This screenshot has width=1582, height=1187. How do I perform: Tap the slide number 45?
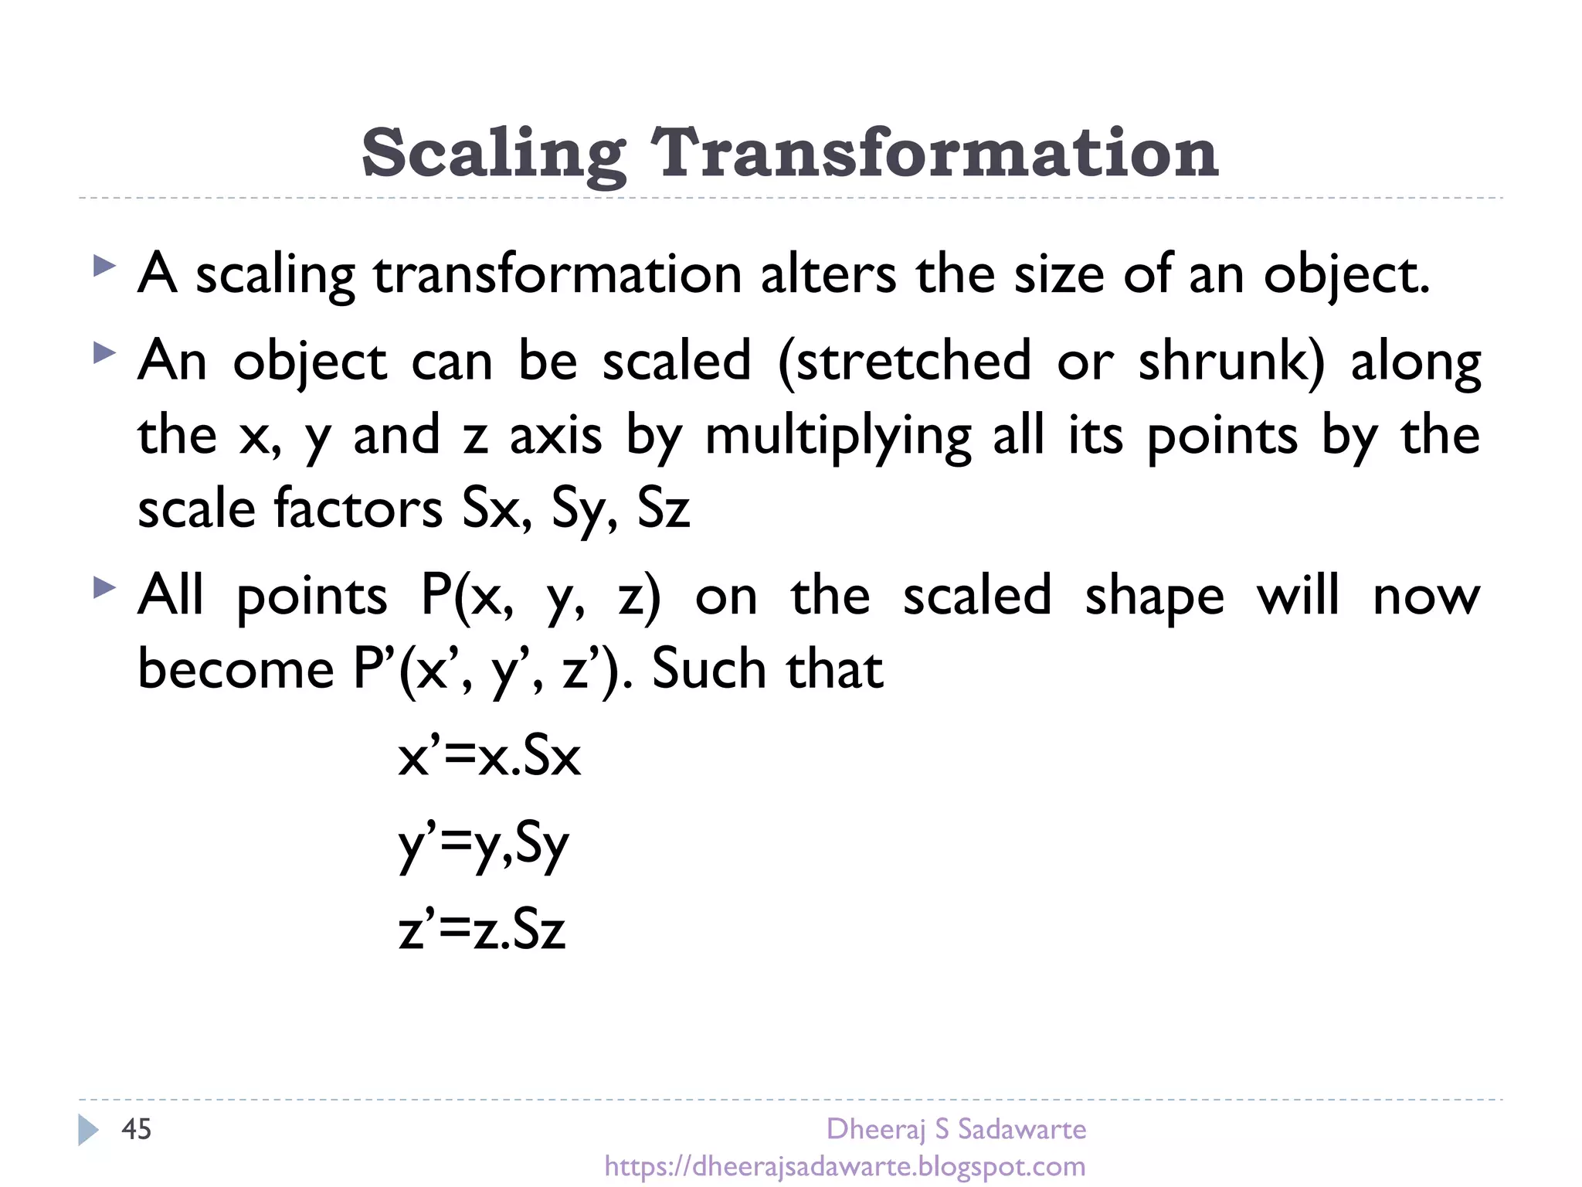pos(137,1129)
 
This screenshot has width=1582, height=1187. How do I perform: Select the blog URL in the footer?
pos(845,1166)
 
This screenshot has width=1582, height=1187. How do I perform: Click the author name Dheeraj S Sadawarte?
pos(956,1129)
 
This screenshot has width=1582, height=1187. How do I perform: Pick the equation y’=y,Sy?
pos(484,844)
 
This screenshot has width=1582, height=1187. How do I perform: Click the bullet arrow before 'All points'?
pos(104,588)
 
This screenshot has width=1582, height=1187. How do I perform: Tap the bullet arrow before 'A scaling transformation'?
pos(104,267)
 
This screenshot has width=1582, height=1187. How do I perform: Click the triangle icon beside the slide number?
pos(88,1130)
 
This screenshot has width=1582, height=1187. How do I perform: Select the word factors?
pos(358,509)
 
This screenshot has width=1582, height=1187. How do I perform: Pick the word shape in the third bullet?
pos(1155,597)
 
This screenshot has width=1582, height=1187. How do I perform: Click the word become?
pos(236,668)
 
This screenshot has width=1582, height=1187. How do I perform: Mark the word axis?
pos(555,435)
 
